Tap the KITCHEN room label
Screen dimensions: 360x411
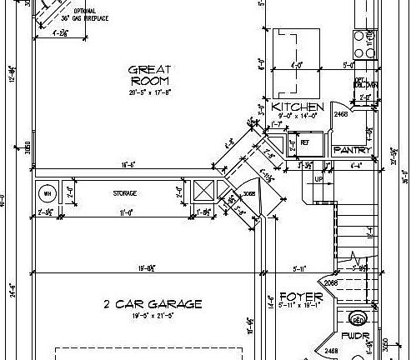click(x=298, y=107)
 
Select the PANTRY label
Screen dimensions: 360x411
click(x=346, y=150)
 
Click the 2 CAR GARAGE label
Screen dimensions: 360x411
click(x=153, y=304)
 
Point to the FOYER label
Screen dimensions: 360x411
click(x=295, y=297)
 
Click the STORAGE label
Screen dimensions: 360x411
click(x=125, y=193)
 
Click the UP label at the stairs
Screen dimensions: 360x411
click(x=318, y=178)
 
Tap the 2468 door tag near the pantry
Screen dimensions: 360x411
click(x=340, y=114)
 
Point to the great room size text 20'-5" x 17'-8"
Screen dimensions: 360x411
click(x=150, y=92)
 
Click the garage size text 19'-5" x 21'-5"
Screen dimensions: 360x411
click(x=152, y=317)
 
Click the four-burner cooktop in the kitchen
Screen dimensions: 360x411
click(x=365, y=42)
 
